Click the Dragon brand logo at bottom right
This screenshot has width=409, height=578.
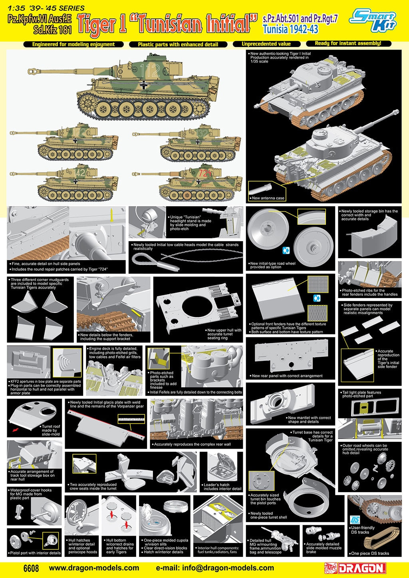point(355,568)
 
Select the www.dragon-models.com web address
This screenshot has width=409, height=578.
point(94,568)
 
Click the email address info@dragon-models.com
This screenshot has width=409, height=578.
point(215,568)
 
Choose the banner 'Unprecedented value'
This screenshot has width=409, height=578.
point(266,44)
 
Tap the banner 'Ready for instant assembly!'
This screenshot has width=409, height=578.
point(348,44)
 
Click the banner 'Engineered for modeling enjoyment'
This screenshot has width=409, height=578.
point(73,44)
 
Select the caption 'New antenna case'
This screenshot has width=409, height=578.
point(268,198)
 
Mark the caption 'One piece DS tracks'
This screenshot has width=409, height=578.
point(370,553)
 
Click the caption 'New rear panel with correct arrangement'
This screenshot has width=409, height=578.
point(287,376)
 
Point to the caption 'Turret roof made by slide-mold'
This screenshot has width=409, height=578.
point(51,430)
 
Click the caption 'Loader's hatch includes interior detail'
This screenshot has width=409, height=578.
point(222,487)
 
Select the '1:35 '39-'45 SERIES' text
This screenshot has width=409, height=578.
point(46,8)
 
